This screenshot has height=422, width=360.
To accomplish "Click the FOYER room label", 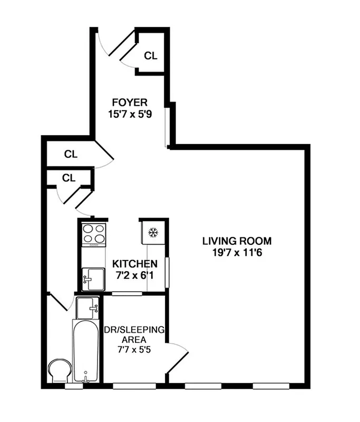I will pyautogui.click(x=129, y=102).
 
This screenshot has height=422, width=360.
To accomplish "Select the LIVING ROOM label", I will pyautogui.click(x=237, y=241).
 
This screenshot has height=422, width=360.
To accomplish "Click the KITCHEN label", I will pyautogui.click(x=135, y=263).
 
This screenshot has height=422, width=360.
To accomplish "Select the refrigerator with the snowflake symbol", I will pyautogui.click(x=153, y=232).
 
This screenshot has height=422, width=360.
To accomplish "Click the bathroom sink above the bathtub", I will pyautogui.click(x=87, y=307).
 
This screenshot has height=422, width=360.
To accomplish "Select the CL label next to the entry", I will pyautogui.click(x=151, y=55).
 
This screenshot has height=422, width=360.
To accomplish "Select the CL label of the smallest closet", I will pyautogui.click(x=69, y=178).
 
